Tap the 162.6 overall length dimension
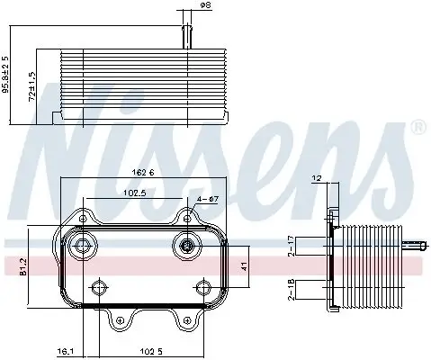pos(143,174)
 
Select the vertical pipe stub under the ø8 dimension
pos(187,35)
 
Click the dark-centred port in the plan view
pos(186,246)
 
